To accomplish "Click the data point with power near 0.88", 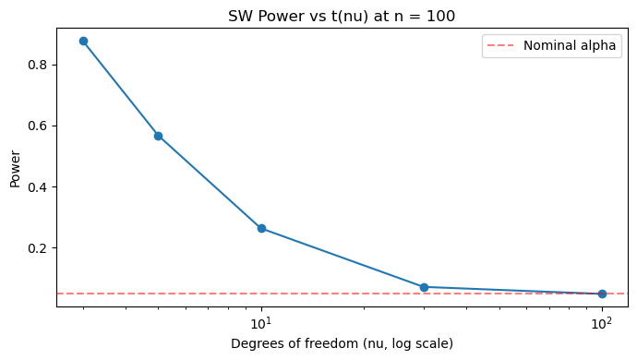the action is tap(84, 41).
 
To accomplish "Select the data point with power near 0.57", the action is tap(159, 136).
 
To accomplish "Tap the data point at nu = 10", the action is tap(261, 229).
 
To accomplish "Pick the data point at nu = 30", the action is tap(424, 288).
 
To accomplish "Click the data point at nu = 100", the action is tap(602, 294).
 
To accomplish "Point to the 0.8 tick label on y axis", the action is tap(37, 65).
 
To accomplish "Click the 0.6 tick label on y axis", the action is tap(37, 126).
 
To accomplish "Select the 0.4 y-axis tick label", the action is tap(37, 186).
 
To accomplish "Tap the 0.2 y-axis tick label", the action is tap(37, 248).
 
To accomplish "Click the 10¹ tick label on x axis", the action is tap(261, 323).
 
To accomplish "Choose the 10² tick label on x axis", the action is tap(602, 323).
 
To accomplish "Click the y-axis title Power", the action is tap(15, 169).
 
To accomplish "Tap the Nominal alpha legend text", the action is tap(570, 45).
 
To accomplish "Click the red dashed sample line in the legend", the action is tap(500, 45).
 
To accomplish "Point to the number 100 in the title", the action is tap(441, 17).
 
